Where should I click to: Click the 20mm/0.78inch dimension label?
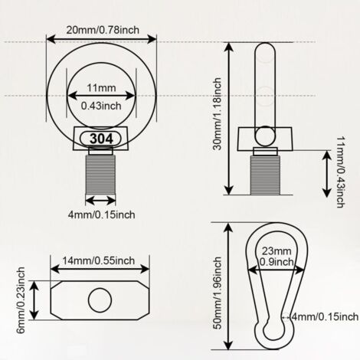[x=103, y=30]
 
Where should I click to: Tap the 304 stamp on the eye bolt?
[x=101, y=139]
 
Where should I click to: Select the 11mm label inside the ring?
[x=101, y=88]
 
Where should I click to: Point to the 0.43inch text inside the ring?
[x=101, y=106]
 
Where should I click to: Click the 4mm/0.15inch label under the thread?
[x=101, y=214]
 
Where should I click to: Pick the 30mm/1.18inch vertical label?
[x=217, y=114]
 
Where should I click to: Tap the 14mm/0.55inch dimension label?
[x=99, y=260]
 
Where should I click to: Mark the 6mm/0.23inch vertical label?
[x=21, y=300]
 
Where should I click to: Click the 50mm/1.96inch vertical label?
[x=217, y=293]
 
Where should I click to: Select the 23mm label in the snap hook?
[x=277, y=251]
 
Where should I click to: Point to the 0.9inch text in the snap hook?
[x=277, y=262]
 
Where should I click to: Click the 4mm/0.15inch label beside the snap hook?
[x=325, y=317]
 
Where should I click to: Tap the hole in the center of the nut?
[x=100, y=300]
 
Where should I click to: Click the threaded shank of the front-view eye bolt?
[x=100, y=175]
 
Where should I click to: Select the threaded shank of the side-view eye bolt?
[x=265, y=175]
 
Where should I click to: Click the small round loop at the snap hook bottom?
[x=274, y=329]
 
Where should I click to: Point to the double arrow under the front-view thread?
[x=100, y=200]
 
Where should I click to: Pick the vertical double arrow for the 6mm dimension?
[x=34, y=300]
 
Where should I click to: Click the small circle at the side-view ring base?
[x=265, y=136]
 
